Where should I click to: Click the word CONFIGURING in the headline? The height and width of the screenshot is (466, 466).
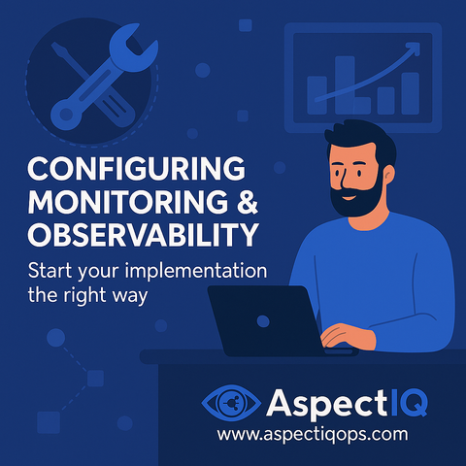click(136, 168)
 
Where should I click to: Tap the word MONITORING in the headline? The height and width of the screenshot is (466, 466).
click(128, 201)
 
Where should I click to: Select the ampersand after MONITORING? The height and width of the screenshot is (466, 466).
click(247, 201)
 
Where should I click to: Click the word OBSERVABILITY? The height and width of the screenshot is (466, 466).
click(143, 234)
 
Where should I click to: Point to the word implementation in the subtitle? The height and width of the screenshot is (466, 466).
click(196, 271)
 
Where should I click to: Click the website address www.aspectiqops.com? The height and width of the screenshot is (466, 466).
click(313, 434)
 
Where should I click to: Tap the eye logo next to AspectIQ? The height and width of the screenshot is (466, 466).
click(231, 403)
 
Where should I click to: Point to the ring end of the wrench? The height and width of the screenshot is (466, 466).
click(66, 115)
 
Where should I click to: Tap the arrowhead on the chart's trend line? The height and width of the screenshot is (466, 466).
click(414, 49)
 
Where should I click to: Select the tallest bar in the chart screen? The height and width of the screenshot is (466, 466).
click(345, 85)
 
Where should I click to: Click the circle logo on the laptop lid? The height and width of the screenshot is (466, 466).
click(263, 321)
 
